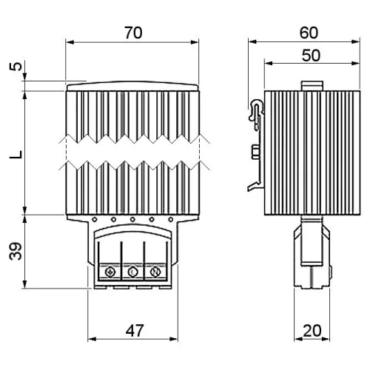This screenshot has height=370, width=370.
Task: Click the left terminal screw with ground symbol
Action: click(x=110, y=273)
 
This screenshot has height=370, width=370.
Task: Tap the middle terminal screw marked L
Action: click(x=132, y=273)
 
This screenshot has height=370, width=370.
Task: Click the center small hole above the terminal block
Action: click(x=132, y=219)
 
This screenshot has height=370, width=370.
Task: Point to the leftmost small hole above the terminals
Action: click(x=95, y=219)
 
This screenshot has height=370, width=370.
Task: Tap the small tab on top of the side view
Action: click(x=312, y=86)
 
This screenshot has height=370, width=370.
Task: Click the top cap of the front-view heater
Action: click(x=132, y=87)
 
